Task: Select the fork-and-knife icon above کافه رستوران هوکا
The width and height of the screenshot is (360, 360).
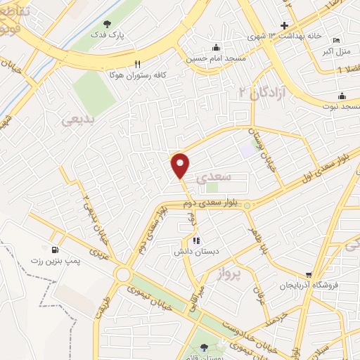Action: (139, 63)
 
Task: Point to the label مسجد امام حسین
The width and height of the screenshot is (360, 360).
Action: (215, 59)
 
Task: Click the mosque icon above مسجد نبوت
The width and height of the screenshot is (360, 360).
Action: (342, 96)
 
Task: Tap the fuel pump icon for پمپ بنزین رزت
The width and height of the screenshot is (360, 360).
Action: (55, 249)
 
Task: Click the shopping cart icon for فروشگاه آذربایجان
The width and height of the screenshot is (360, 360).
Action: (307, 274)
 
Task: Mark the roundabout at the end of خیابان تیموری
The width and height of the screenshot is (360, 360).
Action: (124, 274)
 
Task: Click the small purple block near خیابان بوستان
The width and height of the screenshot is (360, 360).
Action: (246, 149)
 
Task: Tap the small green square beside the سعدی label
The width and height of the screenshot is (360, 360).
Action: (212, 187)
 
